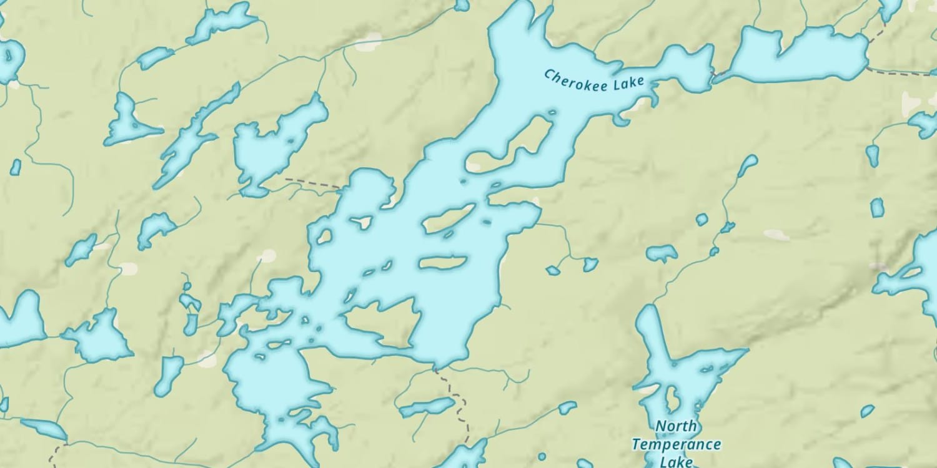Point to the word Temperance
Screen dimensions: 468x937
point(676,445)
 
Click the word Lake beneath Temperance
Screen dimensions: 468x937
point(677,462)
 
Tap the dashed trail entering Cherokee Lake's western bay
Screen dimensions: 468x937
point(312,183)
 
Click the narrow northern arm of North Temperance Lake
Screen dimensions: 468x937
point(647,331)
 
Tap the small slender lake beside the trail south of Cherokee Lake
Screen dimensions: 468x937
point(427,408)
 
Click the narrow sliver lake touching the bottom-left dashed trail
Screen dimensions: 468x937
point(44,429)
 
